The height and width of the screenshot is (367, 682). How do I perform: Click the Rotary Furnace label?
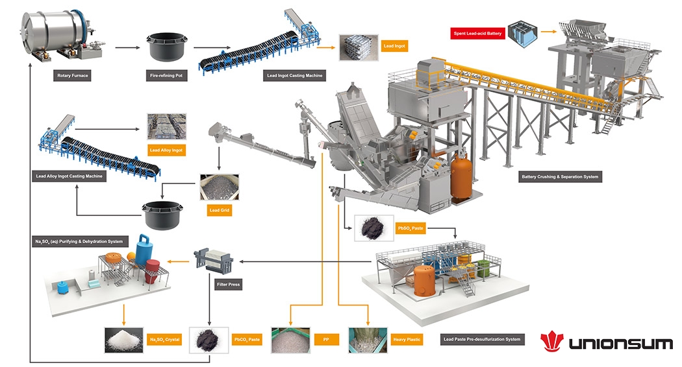point(72,76)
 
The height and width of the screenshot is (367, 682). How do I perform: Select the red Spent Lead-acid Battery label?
point(476,32)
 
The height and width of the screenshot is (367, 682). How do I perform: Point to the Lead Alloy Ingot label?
point(167,150)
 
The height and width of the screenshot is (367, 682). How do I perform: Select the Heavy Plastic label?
point(407,338)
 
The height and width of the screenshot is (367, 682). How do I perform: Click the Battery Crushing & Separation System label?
point(561,176)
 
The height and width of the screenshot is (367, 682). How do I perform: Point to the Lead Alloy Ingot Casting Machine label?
point(69,176)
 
